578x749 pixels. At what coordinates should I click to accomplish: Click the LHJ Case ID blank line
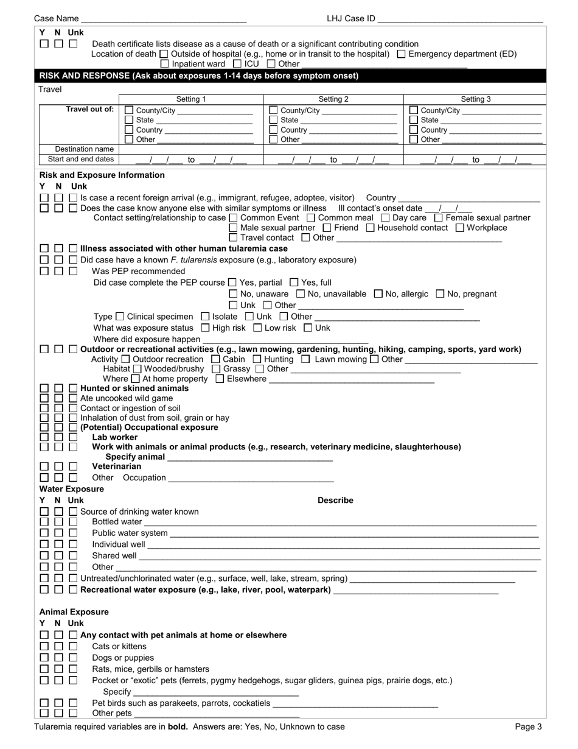pyautogui.click(x=460, y=19)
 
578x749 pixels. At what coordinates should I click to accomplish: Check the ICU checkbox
pyautogui.click(x=237, y=63)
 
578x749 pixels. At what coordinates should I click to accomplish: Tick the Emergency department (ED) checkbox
pyautogui.click(x=401, y=54)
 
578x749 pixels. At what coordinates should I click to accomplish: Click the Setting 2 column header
pyautogui.click(x=333, y=99)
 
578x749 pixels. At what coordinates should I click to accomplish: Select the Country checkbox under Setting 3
pyautogui.click(x=414, y=130)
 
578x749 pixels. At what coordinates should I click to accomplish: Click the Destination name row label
pyautogui.click(x=78, y=149)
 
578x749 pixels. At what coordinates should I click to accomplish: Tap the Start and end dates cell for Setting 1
pyautogui.click(x=191, y=160)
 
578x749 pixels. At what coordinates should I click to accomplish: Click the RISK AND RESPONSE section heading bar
pyautogui.click(x=198, y=76)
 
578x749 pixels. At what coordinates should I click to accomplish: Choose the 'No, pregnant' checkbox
pyautogui.click(x=440, y=294)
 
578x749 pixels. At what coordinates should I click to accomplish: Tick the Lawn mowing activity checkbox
pyautogui.click(x=305, y=359)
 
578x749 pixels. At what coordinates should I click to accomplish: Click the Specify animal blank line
pyautogui.click(x=249, y=457)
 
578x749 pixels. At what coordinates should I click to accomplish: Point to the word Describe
pyautogui.click(x=335, y=501)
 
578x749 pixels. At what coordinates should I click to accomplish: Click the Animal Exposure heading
pyautogui.click(x=74, y=612)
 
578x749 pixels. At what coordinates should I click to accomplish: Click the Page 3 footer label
pyautogui.click(x=528, y=726)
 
